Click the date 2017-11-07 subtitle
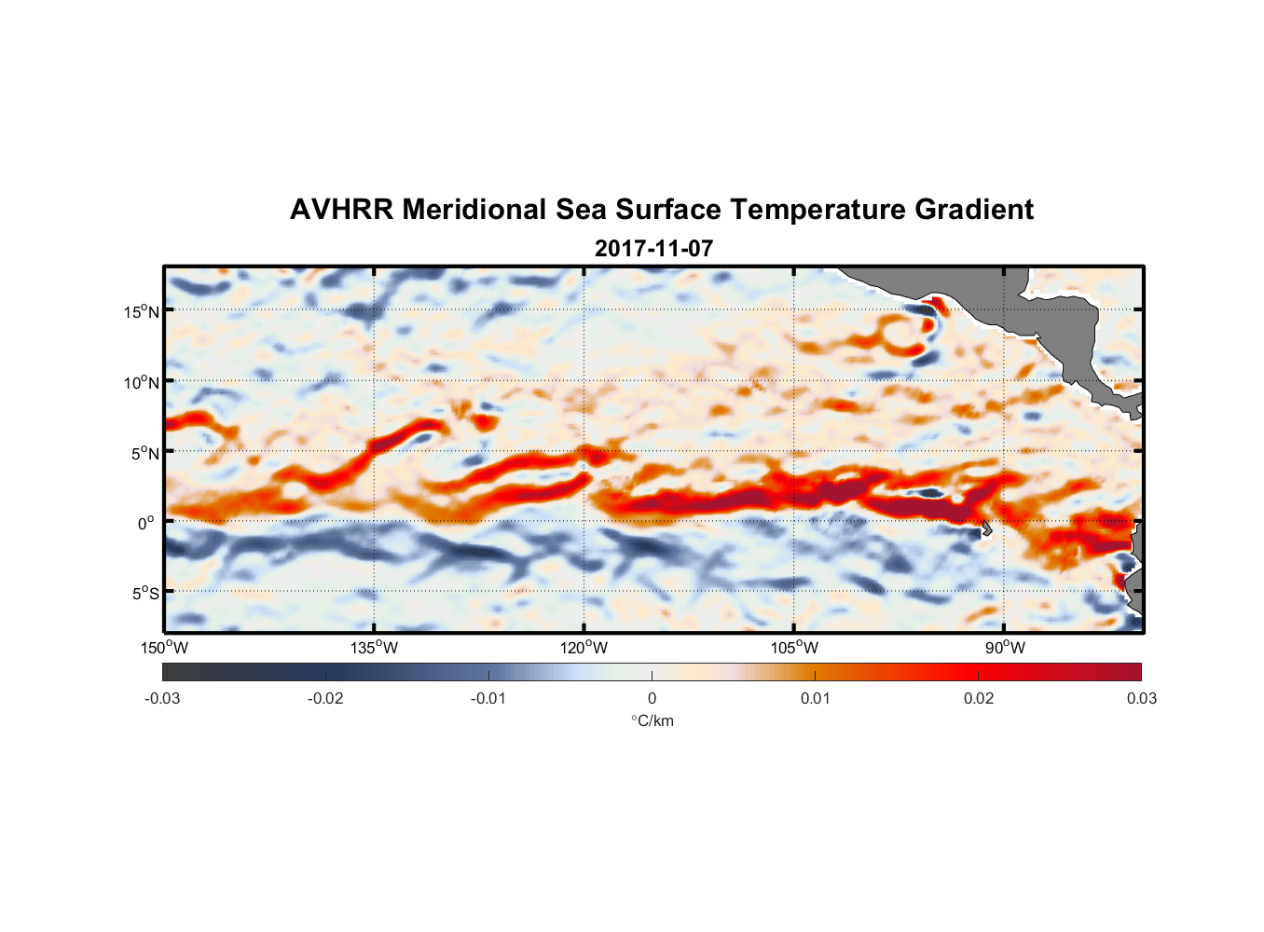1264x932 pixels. tap(653, 249)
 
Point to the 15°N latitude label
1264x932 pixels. tap(141, 311)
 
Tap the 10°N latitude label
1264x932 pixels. tap(141, 382)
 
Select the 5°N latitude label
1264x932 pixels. tap(144, 453)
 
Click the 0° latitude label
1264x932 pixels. tap(146, 523)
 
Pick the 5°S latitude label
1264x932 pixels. tap(144, 593)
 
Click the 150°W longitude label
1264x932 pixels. tap(164, 648)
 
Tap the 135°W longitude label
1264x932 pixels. tap(374, 648)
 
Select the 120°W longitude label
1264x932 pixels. tap(584, 648)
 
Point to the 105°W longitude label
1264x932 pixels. tap(794, 648)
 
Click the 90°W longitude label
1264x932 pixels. tap(1005, 648)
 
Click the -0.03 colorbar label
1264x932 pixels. tap(162, 698)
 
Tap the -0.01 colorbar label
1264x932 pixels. tap(488, 698)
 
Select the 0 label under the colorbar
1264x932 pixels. tap(652, 698)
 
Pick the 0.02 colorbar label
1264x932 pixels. tap(979, 698)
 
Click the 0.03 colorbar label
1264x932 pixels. tap(1141, 698)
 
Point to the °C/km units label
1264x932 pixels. tap(652, 720)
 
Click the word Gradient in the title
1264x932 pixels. tap(974, 210)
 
